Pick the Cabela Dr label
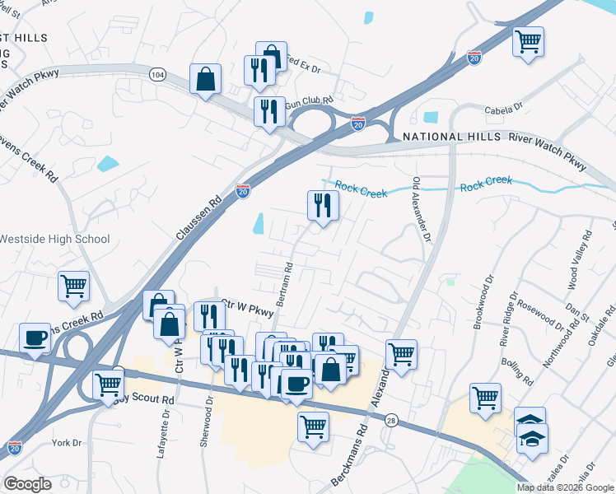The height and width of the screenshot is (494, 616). click(x=505, y=106)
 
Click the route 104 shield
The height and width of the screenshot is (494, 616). click(x=156, y=75)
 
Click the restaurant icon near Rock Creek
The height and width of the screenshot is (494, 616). click(x=323, y=205)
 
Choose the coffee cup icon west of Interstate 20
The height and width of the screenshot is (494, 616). click(x=35, y=338)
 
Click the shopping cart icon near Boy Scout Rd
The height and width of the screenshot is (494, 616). click(x=109, y=384)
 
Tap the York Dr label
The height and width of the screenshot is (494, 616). click(x=66, y=442)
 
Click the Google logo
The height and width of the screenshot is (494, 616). click(x=27, y=485)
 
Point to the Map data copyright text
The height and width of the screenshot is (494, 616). click(x=565, y=487)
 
